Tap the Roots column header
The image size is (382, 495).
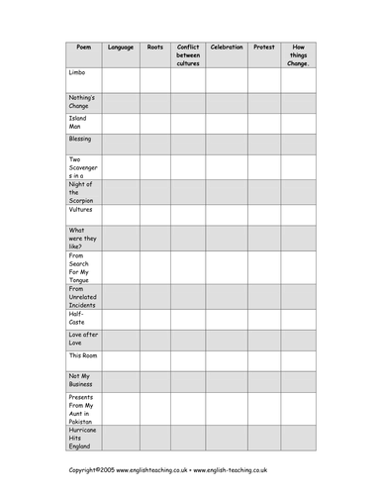pos(155,47)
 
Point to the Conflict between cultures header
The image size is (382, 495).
pos(188,54)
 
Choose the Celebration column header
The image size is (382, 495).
pos(226,47)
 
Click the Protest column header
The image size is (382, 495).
pos(263,47)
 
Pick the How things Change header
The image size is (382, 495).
pos(298,54)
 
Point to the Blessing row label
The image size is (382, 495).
pos(80,140)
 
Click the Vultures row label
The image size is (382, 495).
pos(81,210)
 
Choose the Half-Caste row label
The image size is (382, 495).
pos(79,318)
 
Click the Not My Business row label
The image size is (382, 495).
pos(81,379)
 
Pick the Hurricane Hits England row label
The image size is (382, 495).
pos(83,438)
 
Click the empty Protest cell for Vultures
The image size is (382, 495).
pos(263,214)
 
